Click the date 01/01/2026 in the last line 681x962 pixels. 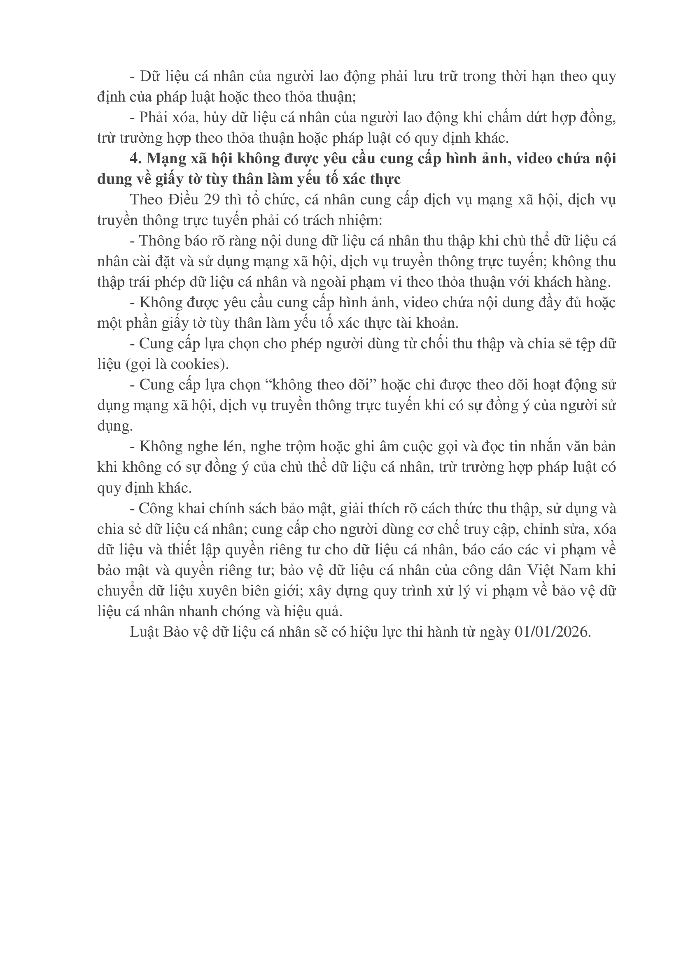pyautogui.click(x=552, y=632)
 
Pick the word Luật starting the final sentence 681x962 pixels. pyautogui.click(x=144, y=632)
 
